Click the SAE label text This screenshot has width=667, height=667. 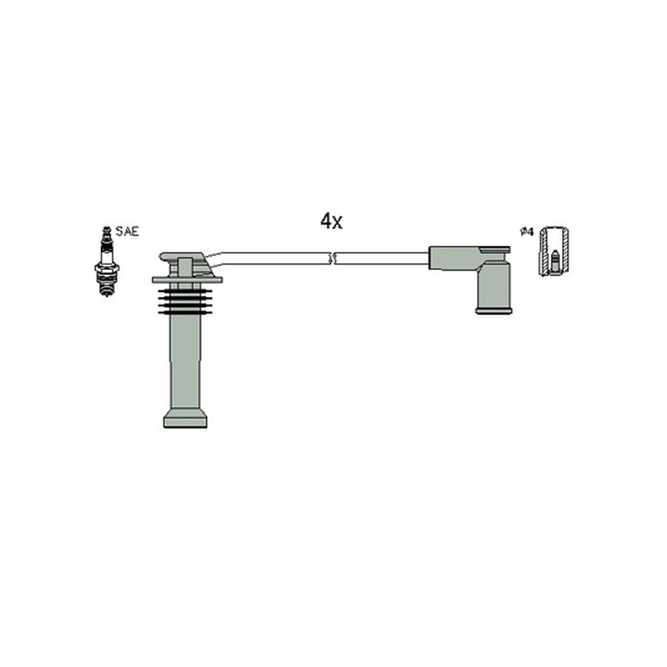pos(128,232)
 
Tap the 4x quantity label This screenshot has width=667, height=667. pos(331,221)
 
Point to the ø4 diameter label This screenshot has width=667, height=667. pos(527,232)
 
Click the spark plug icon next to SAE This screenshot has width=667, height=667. pos(107,261)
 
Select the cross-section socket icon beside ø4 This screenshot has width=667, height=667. pos(554,252)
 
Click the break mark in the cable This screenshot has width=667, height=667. pos(333,258)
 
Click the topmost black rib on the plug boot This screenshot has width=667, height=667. pos(185,291)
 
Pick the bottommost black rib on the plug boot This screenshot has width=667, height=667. pos(185,313)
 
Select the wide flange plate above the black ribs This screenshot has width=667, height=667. pos(187,279)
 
